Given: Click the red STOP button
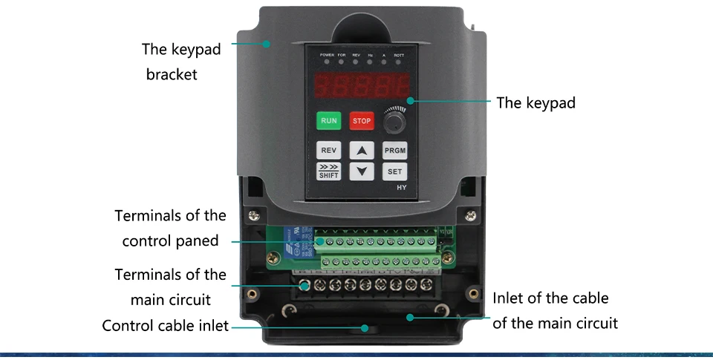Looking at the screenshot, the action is [362, 120].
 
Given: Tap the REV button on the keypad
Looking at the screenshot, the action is [328, 150].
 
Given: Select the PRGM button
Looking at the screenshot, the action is [395, 150].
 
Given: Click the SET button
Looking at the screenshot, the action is [395, 171].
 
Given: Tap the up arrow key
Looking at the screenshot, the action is [362, 150].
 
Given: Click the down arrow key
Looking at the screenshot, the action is [362, 171].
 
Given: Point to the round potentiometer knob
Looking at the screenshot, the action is [395, 120].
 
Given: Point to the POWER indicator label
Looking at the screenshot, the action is [327, 56].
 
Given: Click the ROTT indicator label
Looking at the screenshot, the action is [399, 56].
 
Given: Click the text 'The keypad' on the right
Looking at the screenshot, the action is [535, 103].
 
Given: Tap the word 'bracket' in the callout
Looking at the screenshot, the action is [172, 75].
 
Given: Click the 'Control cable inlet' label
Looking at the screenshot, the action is [165, 326].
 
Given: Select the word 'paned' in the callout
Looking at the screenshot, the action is [197, 240].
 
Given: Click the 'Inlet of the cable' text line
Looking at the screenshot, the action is [550, 298].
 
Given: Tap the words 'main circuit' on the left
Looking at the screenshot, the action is [171, 300].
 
